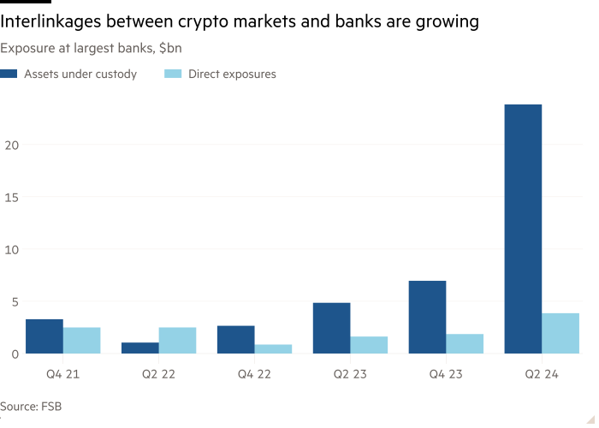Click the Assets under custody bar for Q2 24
coord(523,229)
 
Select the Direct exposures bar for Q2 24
coord(560,333)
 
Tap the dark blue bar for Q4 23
coord(427,317)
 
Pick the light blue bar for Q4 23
coord(465,343)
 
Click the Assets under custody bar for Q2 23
coord(331,327)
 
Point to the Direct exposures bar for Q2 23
coord(369,345)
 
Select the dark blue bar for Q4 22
coord(235,339)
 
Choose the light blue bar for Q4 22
coord(273,348)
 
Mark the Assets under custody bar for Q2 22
coord(139,348)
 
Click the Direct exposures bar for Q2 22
coord(177,340)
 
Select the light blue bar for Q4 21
coord(81,340)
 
